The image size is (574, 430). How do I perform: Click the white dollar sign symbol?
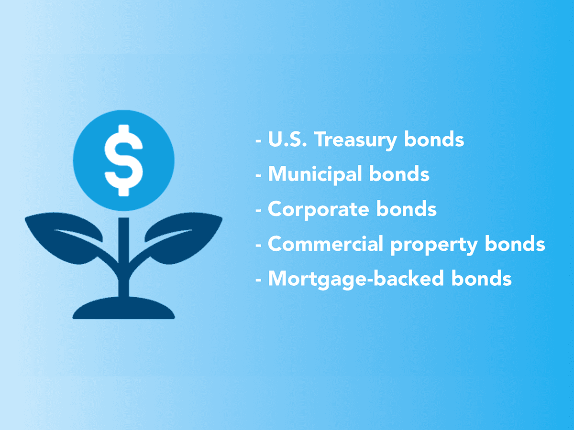coord(124,161)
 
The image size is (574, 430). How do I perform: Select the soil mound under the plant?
coord(123,308)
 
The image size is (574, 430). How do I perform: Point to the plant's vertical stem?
coord(123,257)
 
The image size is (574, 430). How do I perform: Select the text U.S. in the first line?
coord(287,139)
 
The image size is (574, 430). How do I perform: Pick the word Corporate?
coord(319,210)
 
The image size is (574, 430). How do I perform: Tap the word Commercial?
coord(326,244)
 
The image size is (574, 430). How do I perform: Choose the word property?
coord(434,246)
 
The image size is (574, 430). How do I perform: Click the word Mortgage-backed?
coord(356,280)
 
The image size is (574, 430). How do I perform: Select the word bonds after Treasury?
coord(434,139)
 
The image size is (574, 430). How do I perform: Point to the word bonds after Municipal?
coord(399,173)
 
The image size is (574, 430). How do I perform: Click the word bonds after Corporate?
coord(407,208)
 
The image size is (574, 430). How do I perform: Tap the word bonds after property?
coord(515,244)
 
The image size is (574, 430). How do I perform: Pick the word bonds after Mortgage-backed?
coord(481,279)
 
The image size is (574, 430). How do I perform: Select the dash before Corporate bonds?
coord(258,211)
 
